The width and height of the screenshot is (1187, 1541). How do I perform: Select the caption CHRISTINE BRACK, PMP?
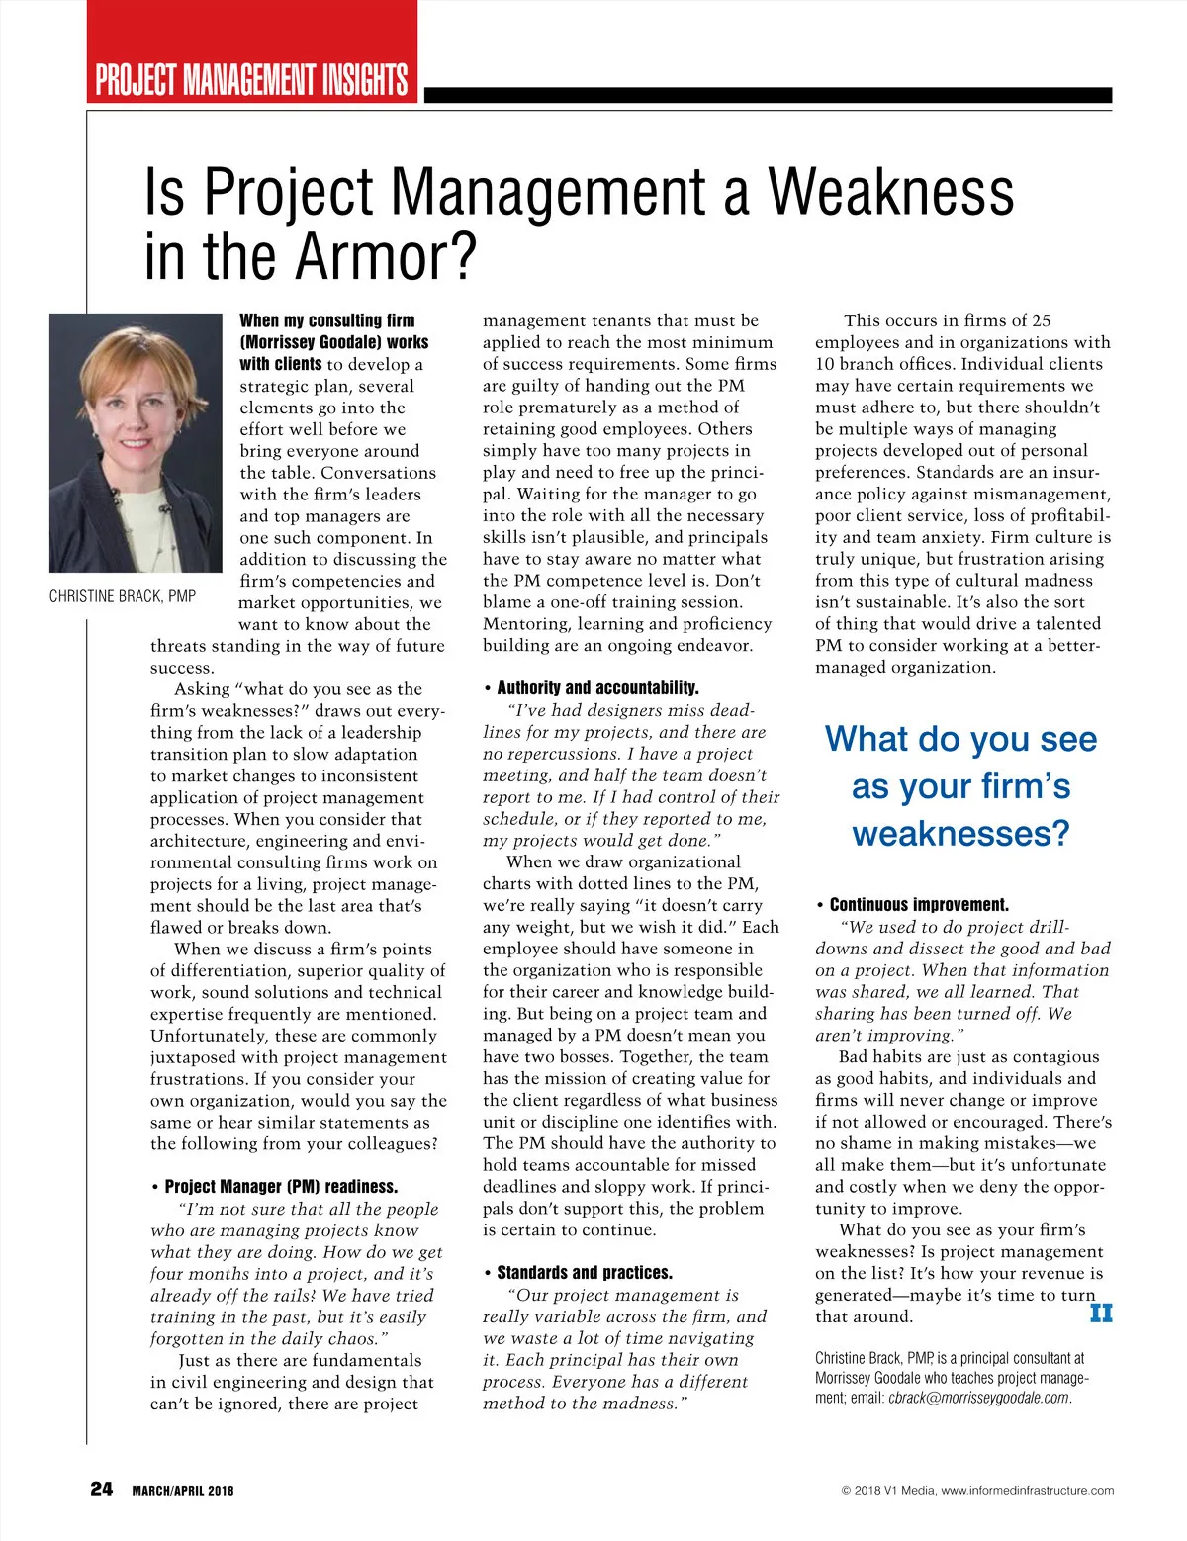click(123, 596)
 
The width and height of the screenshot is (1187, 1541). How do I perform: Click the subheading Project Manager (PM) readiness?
click(281, 1187)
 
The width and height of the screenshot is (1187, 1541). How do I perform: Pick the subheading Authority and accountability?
click(597, 688)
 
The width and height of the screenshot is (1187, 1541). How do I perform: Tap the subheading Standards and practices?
click(584, 1273)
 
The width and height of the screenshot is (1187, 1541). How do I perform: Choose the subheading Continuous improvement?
click(919, 905)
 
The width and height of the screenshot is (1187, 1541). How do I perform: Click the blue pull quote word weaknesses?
click(960, 833)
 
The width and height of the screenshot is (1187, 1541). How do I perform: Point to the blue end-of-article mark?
click(1100, 1314)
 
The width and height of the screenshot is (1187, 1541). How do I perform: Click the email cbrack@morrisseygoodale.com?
click(978, 1399)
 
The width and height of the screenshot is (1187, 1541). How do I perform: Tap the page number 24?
click(102, 1489)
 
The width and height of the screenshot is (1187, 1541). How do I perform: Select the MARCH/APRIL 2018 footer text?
click(183, 1491)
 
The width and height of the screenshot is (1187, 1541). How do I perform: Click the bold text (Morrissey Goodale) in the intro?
click(334, 342)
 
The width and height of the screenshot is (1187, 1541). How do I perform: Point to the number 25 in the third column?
click(1040, 320)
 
